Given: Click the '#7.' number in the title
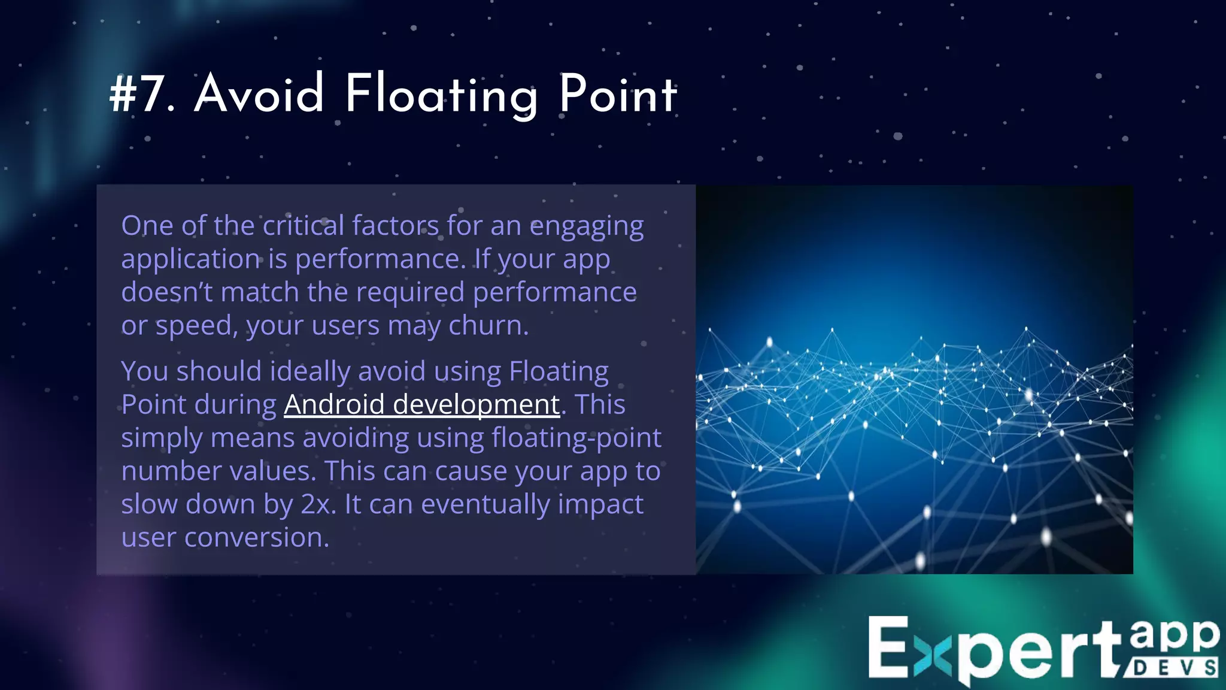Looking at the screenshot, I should (x=142, y=94).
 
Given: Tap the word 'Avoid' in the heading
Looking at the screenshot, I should (x=259, y=94).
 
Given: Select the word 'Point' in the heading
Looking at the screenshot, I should (x=618, y=94).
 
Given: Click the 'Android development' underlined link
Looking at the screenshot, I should (x=421, y=404).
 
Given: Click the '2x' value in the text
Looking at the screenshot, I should (x=316, y=504).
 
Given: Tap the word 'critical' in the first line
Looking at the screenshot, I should (x=304, y=226).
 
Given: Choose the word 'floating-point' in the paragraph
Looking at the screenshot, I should (x=576, y=438).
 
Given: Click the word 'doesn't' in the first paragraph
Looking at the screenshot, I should (x=167, y=292).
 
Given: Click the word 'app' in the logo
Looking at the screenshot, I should (x=1174, y=635).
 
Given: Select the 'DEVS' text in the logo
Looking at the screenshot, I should (x=1174, y=668).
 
